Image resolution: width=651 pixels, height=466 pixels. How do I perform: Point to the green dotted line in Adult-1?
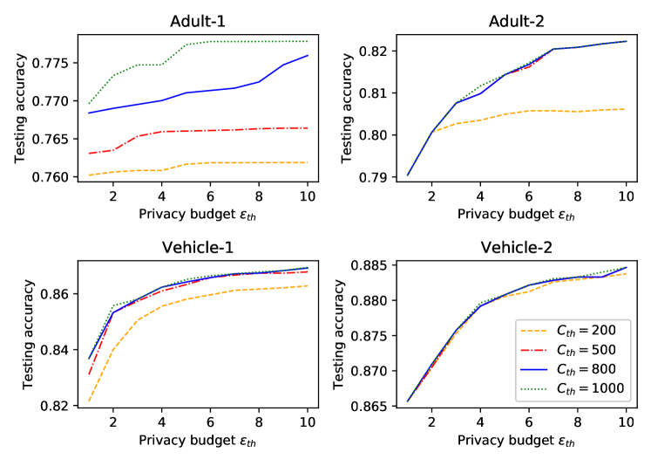[x=235, y=42]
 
